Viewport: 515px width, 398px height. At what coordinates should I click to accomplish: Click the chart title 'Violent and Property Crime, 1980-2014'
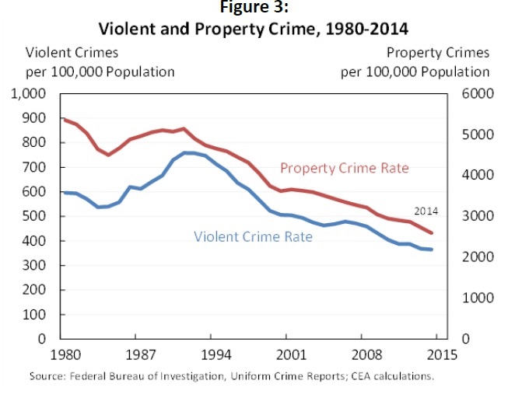[257, 29]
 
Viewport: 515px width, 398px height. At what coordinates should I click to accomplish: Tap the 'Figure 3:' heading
[257, 8]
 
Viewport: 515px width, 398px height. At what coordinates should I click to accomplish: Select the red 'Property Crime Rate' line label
[344, 168]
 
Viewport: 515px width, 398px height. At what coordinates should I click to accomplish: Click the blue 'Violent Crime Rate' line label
[253, 234]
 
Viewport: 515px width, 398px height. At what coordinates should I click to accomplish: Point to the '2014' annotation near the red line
[425, 211]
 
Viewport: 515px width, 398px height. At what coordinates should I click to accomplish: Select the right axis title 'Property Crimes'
[438, 53]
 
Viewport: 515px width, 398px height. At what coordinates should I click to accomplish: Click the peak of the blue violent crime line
[187, 152]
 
